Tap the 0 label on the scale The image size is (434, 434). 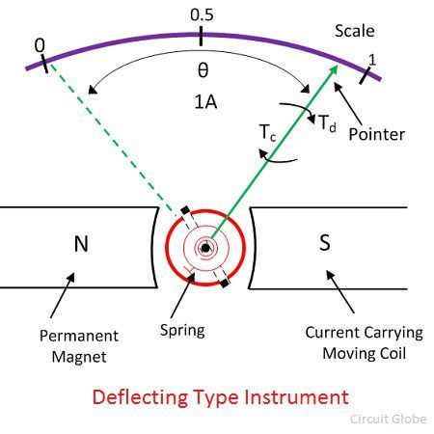click(x=40, y=45)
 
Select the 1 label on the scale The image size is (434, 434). click(x=373, y=58)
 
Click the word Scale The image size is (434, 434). click(x=354, y=31)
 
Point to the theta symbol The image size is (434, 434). click(x=202, y=70)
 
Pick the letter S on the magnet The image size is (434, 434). click(x=323, y=245)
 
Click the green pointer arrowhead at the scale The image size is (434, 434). click(x=334, y=69)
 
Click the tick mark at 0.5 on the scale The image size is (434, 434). click(x=201, y=36)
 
